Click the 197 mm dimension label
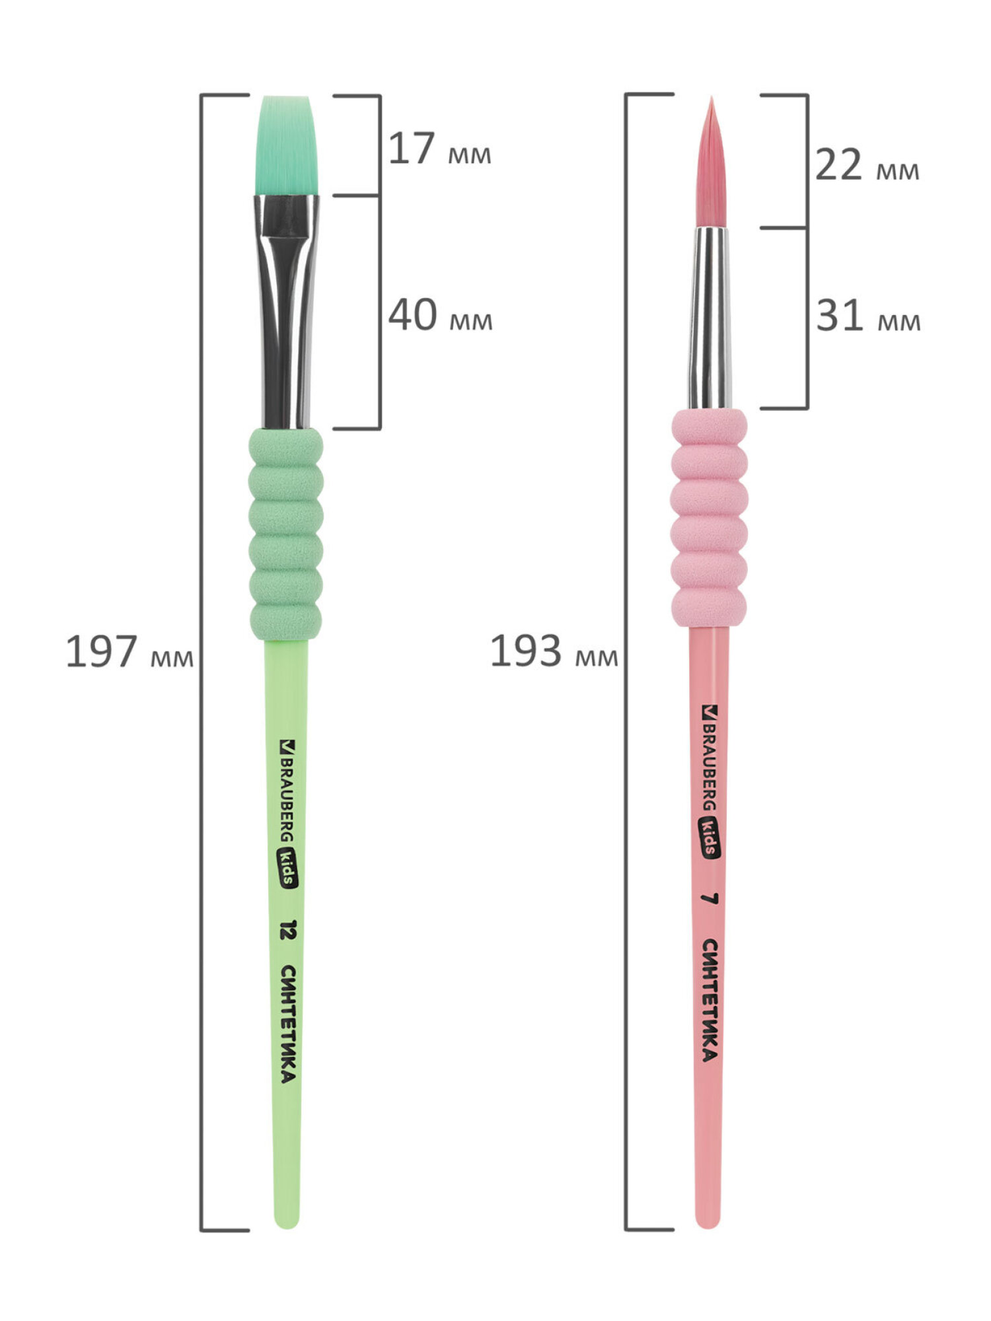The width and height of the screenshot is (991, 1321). pyautogui.click(x=129, y=652)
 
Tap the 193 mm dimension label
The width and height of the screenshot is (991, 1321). pyautogui.click(x=554, y=652)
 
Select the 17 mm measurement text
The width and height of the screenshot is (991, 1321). pyautogui.click(x=439, y=149)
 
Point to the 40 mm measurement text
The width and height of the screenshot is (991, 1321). pyautogui.click(x=440, y=315)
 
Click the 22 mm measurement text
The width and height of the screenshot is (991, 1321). pyautogui.click(x=867, y=165)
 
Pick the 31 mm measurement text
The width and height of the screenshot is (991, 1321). pyautogui.click(x=867, y=316)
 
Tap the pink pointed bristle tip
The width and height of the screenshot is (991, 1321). pyautogui.click(x=712, y=162)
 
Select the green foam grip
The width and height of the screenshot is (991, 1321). pyautogui.click(x=286, y=534)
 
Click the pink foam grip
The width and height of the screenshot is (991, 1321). pyautogui.click(x=710, y=518)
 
